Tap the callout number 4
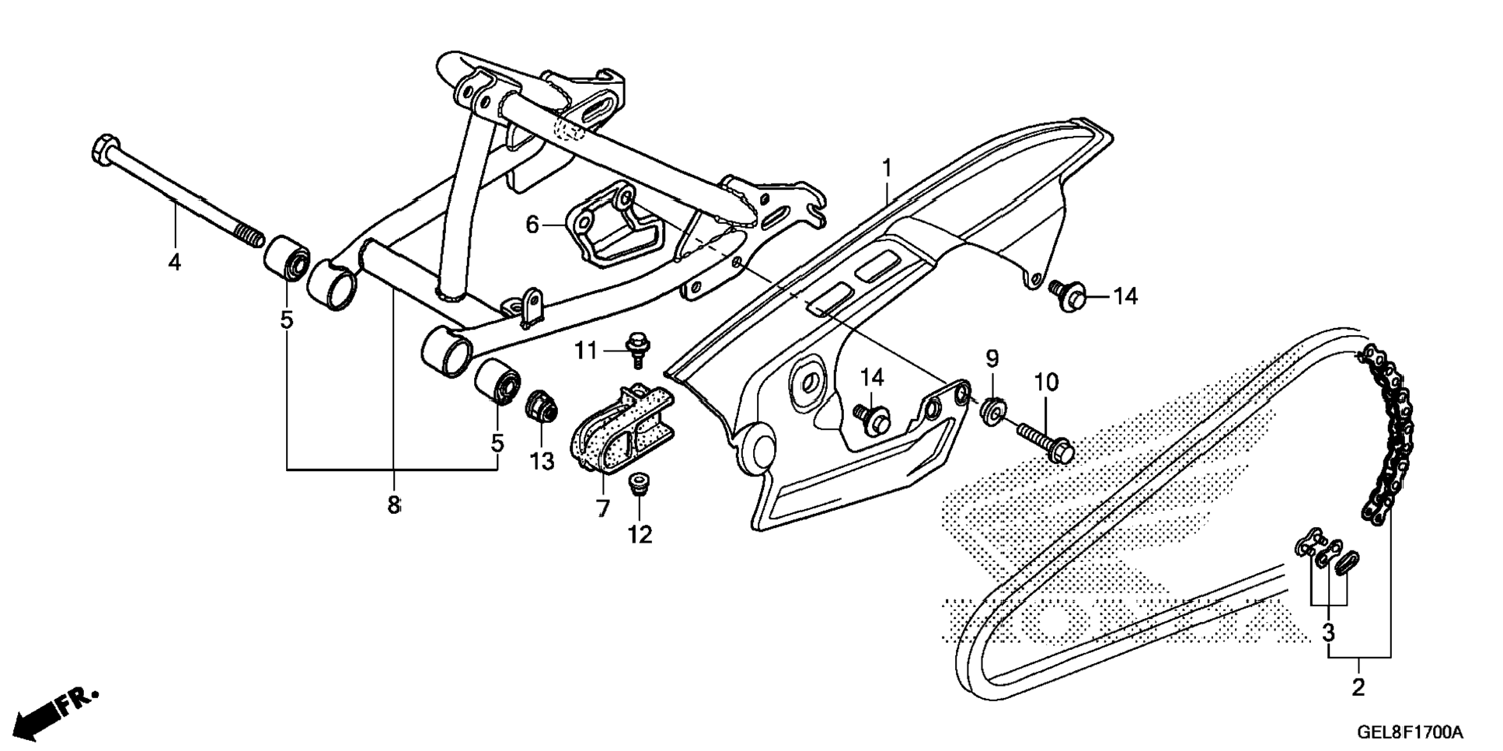175,262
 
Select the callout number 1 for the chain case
887,167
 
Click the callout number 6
532,225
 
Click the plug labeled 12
638,484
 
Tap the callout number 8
394,505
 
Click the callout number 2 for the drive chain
1358,687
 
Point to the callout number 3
1329,633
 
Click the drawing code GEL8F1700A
1410,732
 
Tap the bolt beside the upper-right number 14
1069,295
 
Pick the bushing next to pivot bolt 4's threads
288,258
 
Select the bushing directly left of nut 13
497,381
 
